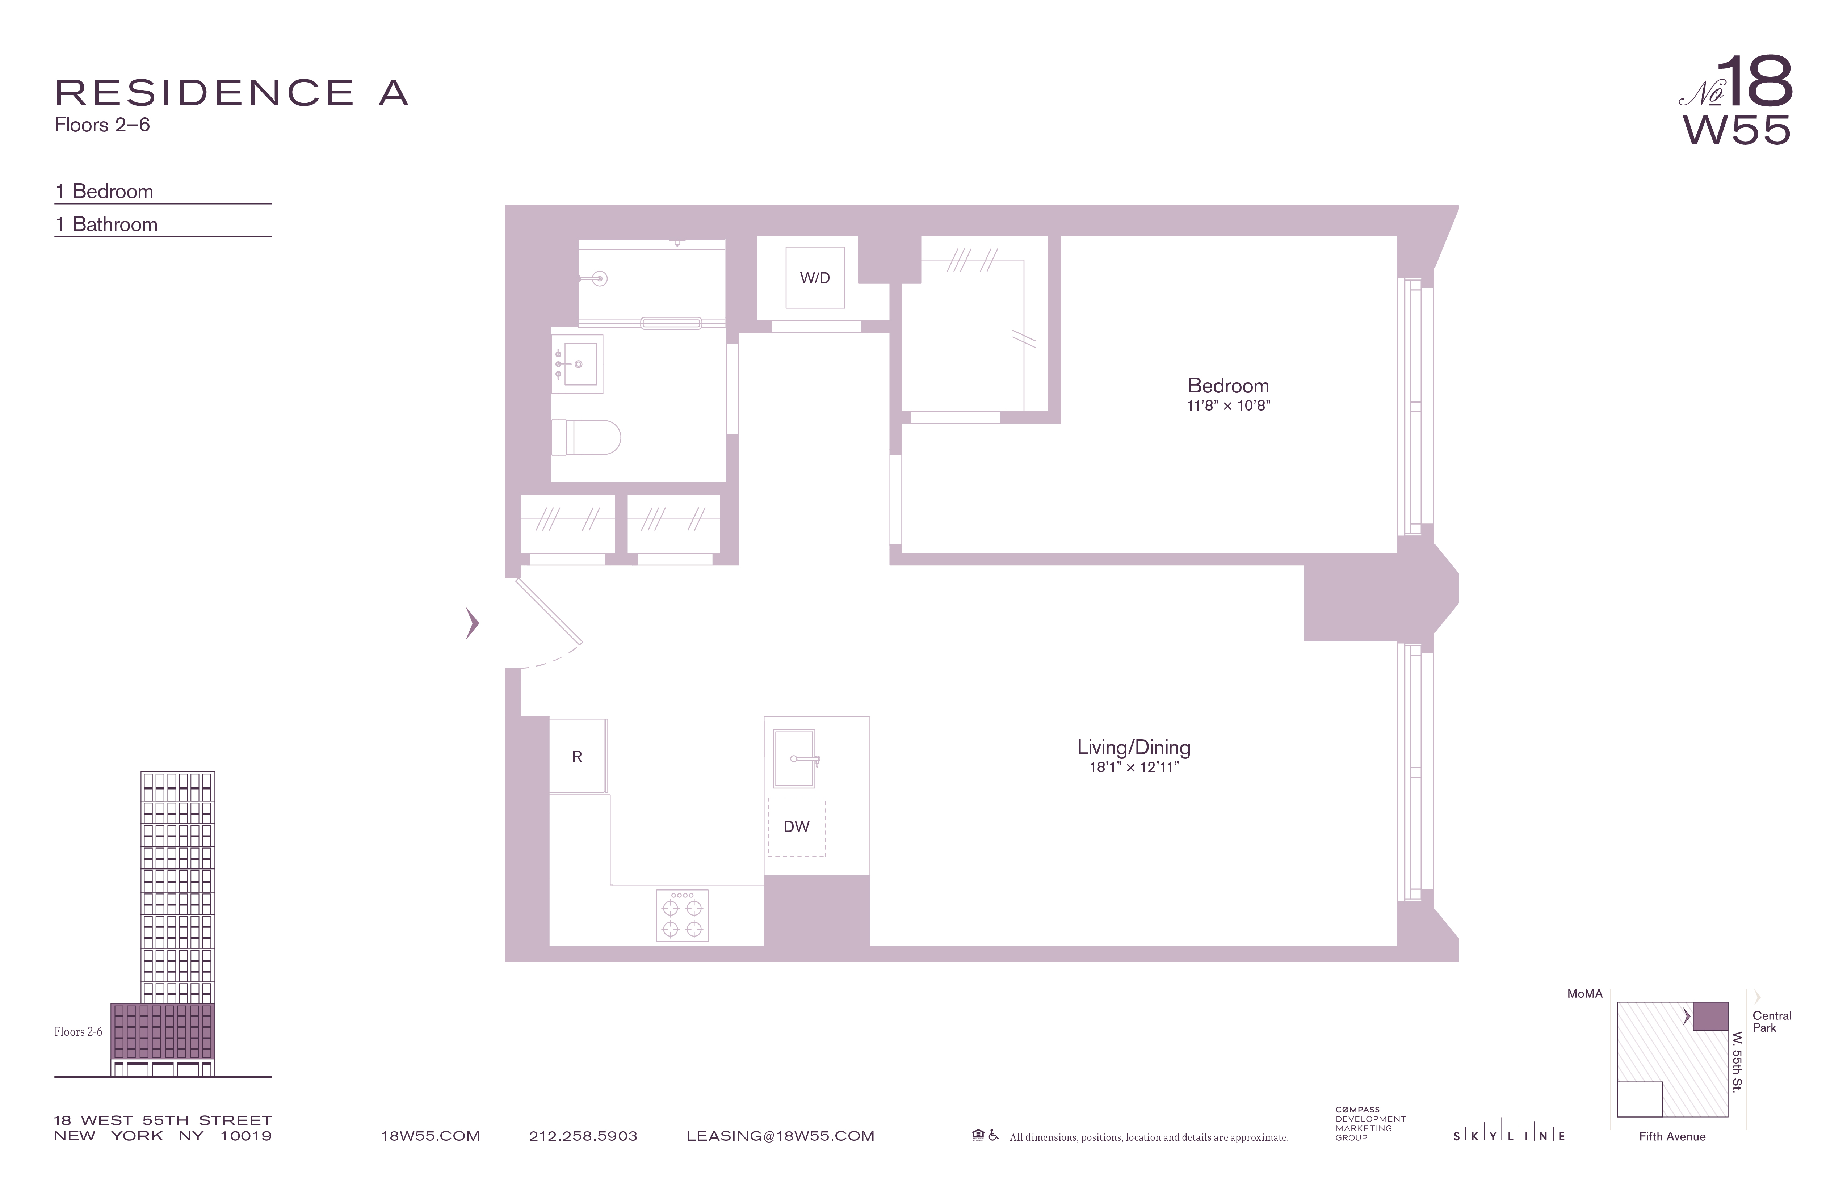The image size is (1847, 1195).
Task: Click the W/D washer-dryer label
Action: [x=815, y=278]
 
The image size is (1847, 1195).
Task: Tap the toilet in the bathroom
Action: [x=586, y=438]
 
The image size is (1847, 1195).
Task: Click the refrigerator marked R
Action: [x=576, y=757]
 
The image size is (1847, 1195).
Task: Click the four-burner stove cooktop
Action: [x=682, y=916]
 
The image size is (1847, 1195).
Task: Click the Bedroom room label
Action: [x=1228, y=386]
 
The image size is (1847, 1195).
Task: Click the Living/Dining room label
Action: [x=1133, y=747]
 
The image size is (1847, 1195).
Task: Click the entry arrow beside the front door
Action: [x=472, y=623]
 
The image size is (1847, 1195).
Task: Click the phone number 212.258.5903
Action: [x=583, y=1136]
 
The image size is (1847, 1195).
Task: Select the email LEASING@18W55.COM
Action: [x=780, y=1136]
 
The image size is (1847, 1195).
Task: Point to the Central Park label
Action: [x=1772, y=1021]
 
